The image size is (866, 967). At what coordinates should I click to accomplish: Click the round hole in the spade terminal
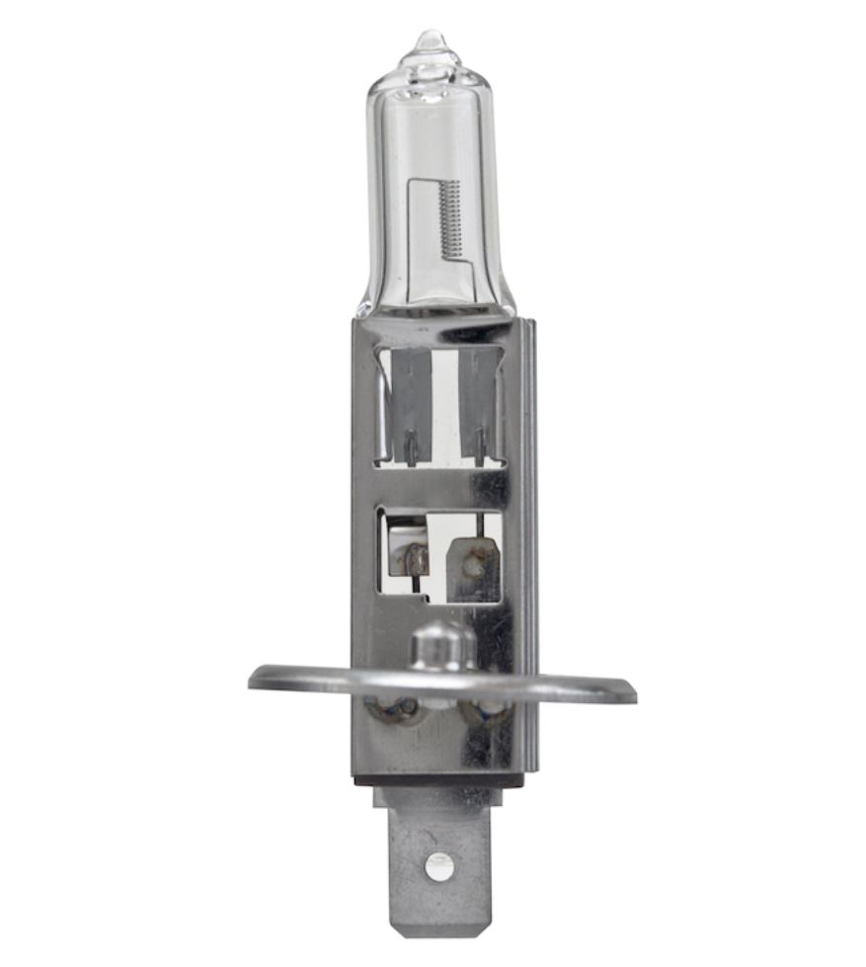coord(438,866)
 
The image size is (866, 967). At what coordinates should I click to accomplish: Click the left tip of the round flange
coord(255,678)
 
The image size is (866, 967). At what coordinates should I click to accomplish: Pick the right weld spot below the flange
coord(489,708)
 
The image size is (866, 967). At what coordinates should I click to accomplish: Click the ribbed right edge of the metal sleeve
coord(529,543)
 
